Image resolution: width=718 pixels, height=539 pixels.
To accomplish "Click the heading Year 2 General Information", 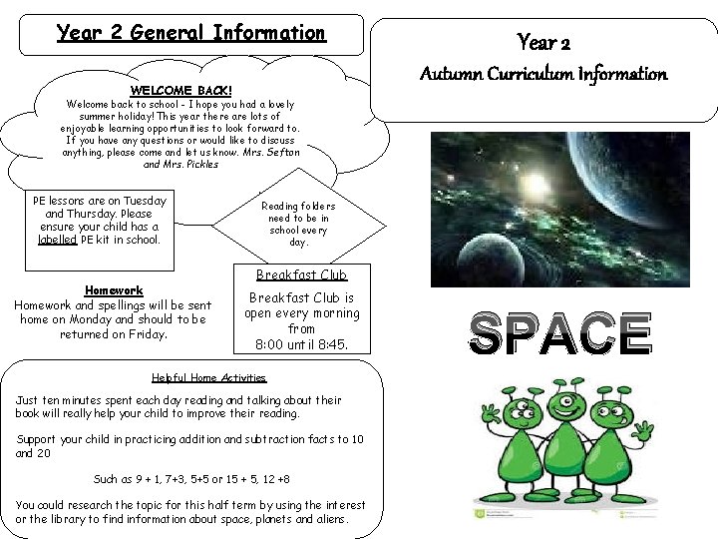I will (190, 33).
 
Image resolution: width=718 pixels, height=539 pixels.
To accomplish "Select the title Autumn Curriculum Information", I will (543, 74).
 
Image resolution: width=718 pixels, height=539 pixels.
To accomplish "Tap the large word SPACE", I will (561, 333).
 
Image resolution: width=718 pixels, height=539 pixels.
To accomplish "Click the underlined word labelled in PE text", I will (56, 240).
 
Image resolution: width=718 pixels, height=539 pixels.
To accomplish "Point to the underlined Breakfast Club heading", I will (301, 274).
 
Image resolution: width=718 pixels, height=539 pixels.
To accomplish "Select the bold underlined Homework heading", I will (113, 290).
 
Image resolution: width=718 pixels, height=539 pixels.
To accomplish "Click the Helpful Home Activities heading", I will (208, 377).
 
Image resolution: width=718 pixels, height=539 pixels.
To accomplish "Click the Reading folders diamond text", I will (298, 225).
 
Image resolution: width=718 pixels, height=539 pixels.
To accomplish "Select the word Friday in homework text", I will (150, 334).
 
